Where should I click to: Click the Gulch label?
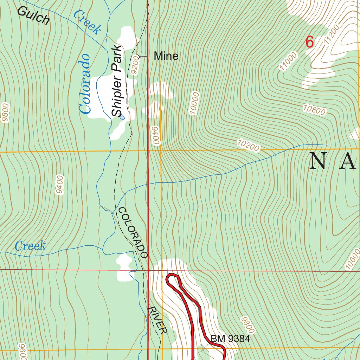click(x=33, y=16)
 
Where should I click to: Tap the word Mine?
click(x=166, y=56)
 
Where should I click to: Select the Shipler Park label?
click(x=117, y=81)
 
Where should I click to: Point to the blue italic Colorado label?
click(x=85, y=84)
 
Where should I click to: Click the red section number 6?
click(x=309, y=42)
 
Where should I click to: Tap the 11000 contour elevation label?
click(x=289, y=61)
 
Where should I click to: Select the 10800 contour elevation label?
click(x=314, y=110)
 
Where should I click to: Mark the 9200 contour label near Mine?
click(x=135, y=65)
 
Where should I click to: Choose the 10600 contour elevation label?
click(x=353, y=259)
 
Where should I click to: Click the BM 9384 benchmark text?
click(x=230, y=339)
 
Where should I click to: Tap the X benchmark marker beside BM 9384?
click(x=204, y=348)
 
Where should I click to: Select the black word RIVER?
click(x=157, y=320)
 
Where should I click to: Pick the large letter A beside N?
click(x=349, y=161)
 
